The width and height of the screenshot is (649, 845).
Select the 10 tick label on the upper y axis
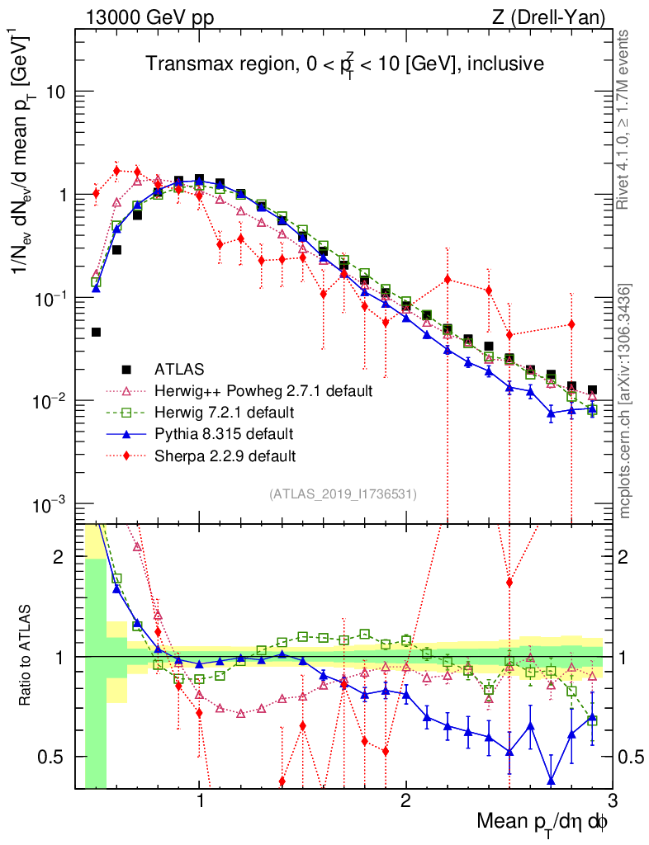[x=55, y=92]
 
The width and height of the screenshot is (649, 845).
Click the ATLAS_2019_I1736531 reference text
[x=343, y=494]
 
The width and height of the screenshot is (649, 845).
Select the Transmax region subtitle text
[x=344, y=64]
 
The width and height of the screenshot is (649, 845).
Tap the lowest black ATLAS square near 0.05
[x=96, y=332]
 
